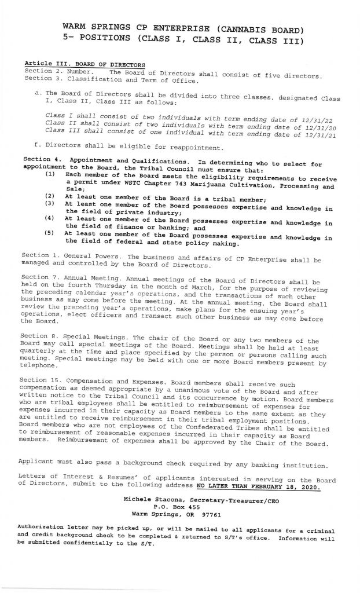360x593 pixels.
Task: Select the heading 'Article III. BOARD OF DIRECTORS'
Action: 85,64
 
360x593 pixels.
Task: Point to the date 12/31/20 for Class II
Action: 314,126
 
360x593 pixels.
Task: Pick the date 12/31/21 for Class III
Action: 318,135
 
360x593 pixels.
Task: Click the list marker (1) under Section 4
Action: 50,173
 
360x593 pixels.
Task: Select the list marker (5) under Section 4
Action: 50,233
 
